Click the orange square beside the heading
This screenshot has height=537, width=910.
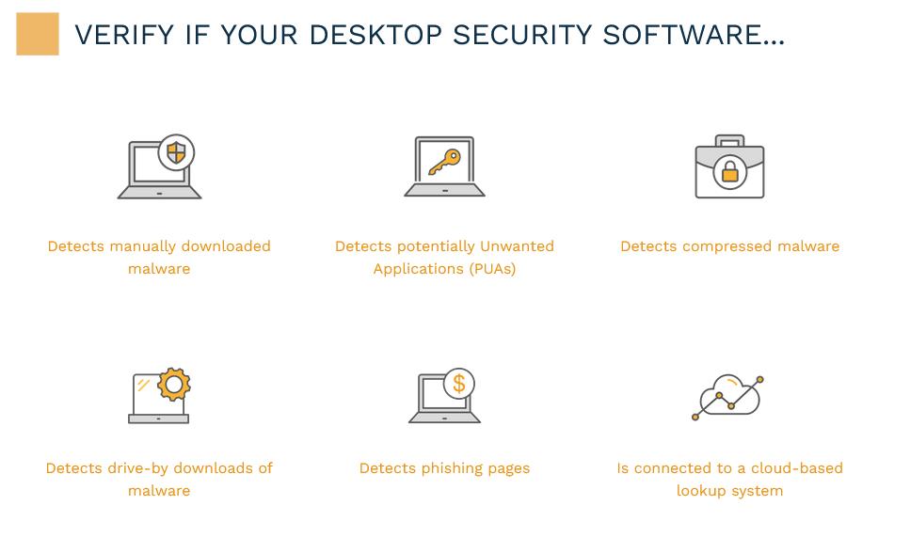(x=37, y=34)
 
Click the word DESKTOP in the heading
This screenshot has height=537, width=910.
(x=375, y=35)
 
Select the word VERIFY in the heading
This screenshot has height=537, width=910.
(x=124, y=35)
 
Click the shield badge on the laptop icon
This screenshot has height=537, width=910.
(x=176, y=153)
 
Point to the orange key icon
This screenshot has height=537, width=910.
(x=444, y=162)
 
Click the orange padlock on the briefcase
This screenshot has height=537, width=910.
(x=729, y=172)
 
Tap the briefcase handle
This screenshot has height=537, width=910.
(x=729, y=141)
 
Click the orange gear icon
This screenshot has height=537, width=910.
(x=174, y=384)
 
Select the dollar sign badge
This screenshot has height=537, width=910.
(x=459, y=384)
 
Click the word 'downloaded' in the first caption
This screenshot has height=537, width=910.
(x=226, y=245)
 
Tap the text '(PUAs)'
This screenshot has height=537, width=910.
(x=493, y=269)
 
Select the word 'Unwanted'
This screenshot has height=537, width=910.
(x=517, y=245)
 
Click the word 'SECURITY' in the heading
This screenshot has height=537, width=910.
(x=522, y=35)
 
